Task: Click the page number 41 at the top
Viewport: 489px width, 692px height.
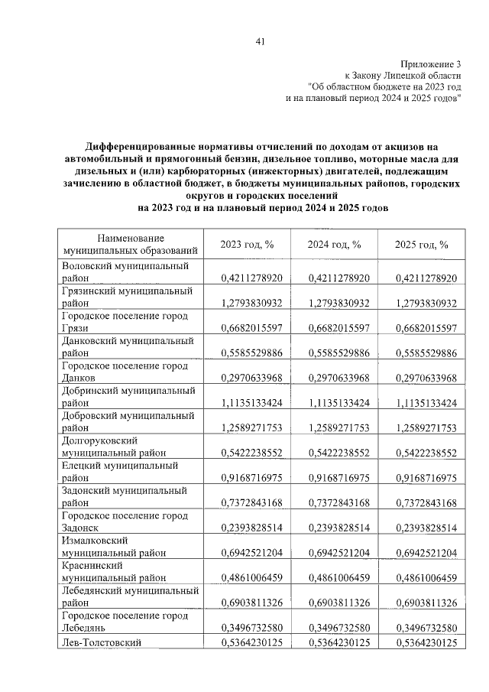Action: [x=260, y=41]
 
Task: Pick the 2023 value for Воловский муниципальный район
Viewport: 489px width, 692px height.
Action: [x=251, y=278]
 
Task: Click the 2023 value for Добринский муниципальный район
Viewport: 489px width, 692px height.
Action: [x=251, y=403]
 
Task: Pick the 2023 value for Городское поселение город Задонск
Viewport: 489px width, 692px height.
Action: [x=251, y=528]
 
